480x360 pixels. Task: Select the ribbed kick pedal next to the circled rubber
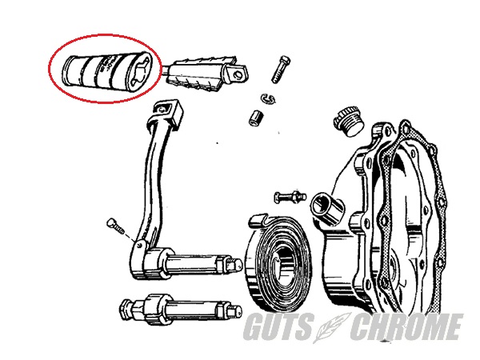coord(206,74)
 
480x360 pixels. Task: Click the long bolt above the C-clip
coord(281,69)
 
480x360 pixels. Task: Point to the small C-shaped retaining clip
coord(268,98)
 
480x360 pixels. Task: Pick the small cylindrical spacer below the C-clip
coord(256,118)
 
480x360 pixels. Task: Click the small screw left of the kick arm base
coord(116,226)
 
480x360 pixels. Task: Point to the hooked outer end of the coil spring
coord(259,221)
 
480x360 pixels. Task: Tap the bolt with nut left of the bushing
coord(290,196)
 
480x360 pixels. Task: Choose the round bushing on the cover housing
coord(327,207)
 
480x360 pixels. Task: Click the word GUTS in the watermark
coord(278,326)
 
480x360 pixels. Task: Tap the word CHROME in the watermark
coord(406,326)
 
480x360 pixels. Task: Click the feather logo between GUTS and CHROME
coord(333,327)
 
